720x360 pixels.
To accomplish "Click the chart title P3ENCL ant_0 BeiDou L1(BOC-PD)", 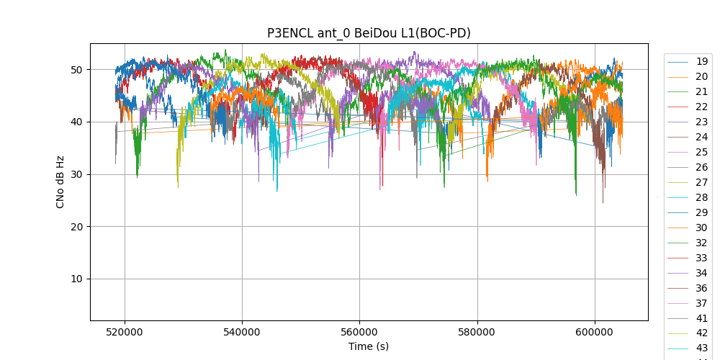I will [x=369, y=33].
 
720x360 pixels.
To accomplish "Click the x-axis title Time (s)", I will [x=369, y=346].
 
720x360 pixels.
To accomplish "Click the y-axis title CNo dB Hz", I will [x=60, y=181].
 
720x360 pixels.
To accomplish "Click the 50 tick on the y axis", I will [x=76, y=70].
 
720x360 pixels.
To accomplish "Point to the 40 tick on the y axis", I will [x=76, y=122].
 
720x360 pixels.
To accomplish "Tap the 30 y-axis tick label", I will [x=76, y=174].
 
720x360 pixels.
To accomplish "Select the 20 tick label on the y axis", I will [x=76, y=227].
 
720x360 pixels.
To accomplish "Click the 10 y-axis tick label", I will [x=76, y=279].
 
